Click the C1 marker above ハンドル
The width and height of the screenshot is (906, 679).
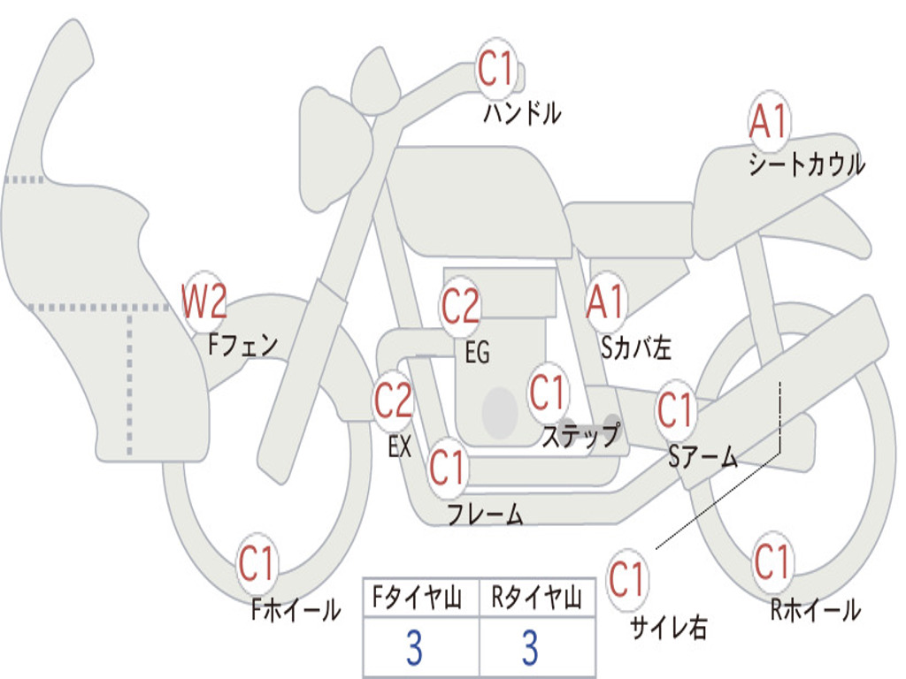495,69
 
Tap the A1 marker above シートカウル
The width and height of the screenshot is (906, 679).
769,120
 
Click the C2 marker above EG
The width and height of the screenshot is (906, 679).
460,305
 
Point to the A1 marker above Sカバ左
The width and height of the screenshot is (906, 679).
606,301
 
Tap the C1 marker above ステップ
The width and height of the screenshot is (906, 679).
547,392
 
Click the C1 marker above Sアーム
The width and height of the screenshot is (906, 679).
674,409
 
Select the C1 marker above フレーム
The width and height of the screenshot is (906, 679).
447,467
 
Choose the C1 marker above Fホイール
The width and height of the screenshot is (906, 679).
256,563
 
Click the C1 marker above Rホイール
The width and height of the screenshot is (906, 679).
772,561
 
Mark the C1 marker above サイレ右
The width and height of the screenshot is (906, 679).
626,578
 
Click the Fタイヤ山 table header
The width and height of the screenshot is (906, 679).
417,598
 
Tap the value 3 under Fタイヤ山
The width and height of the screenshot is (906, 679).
414,647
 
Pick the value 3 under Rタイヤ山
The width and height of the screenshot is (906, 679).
531,647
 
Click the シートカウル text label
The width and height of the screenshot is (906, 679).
807,164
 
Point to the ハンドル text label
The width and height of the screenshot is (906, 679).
522,113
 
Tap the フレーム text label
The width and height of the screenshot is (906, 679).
486,514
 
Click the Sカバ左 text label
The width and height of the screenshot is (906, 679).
636,347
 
